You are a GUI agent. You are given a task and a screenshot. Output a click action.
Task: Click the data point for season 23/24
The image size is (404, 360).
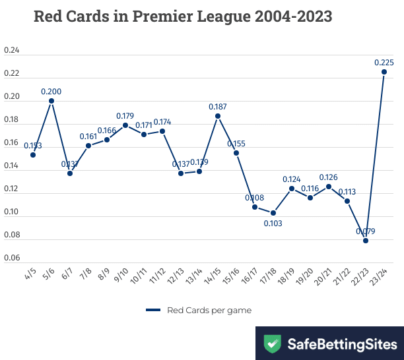point(384,72)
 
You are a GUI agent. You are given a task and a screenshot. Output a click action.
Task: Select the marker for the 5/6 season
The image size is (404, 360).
point(51,101)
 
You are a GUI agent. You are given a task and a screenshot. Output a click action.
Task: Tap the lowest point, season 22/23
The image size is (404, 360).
point(366,241)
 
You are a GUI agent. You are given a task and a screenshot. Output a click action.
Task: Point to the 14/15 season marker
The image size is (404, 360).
point(218,116)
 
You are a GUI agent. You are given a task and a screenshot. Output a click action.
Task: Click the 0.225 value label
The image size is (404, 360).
point(384,63)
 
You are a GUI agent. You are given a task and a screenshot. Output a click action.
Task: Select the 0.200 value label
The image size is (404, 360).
point(51,92)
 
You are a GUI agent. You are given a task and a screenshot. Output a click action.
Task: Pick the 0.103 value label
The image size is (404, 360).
point(273,224)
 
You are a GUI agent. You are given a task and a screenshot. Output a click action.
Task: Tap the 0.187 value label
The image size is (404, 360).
point(218,107)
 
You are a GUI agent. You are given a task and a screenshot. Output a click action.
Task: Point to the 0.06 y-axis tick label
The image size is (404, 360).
point(12,258)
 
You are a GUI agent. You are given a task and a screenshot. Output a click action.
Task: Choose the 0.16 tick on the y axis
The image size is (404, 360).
point(12,143)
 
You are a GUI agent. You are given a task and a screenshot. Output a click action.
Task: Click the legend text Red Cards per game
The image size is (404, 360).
point(209,309)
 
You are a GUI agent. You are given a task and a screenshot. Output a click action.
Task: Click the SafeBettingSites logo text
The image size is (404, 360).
point(342,344)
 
